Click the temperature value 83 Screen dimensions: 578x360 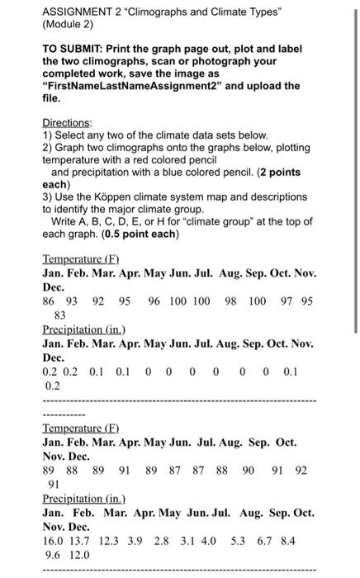click(59, 315)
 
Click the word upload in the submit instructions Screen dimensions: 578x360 click(246, 85)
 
